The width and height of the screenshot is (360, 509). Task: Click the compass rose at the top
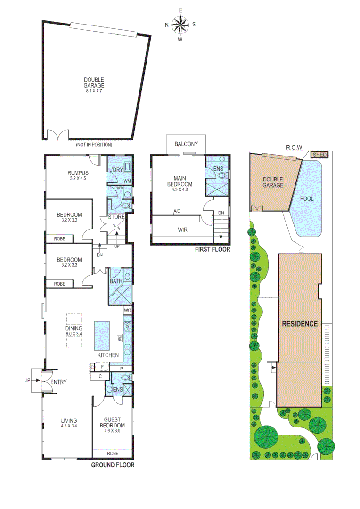pos(180,25)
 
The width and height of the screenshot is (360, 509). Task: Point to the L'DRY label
pos(116,169)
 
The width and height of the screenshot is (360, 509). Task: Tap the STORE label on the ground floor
pos(116,217)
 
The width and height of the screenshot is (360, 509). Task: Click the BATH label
pos(116,281)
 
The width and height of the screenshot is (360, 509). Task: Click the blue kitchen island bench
pos(102,334)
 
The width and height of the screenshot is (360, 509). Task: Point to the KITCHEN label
pos(108,355)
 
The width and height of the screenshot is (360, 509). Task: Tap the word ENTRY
pos(59,382)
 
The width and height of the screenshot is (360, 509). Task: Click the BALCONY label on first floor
pos(186,144)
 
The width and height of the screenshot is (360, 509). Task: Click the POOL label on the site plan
pos(307,198)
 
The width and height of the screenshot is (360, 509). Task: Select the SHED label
pos(319,154)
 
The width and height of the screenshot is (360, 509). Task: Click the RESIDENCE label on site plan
pos(300,324)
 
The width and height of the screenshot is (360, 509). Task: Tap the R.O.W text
pos(294,147)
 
